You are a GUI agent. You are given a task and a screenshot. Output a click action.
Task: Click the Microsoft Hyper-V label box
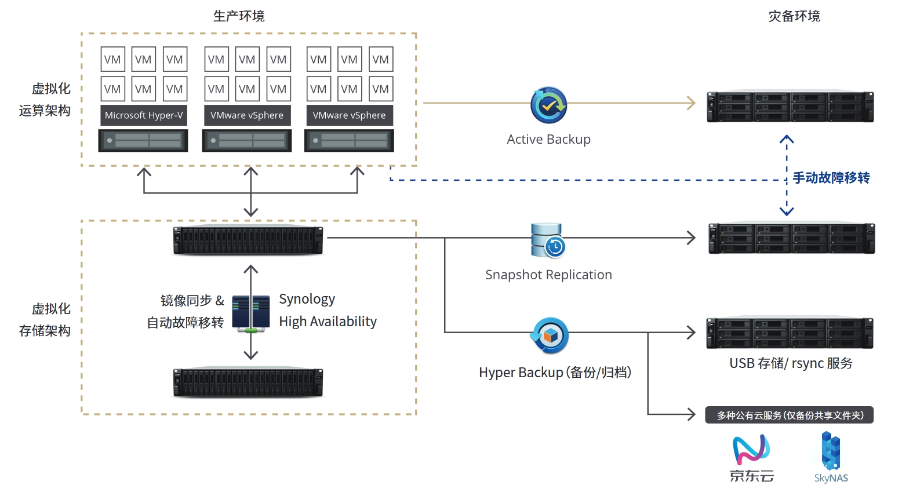[143, 115]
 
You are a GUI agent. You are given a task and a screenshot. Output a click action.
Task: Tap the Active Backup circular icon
[548, 105]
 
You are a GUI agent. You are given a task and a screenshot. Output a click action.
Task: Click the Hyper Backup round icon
[550, 335]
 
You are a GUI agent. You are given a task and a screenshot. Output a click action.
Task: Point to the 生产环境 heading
[239, 16]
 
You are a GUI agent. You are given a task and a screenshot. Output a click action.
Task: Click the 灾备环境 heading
[794, 16]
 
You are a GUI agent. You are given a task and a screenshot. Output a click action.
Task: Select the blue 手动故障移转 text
[831, 178]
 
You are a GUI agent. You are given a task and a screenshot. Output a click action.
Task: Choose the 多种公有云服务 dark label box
[789, 415]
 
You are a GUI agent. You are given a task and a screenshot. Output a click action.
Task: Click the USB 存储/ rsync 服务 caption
[791, 363]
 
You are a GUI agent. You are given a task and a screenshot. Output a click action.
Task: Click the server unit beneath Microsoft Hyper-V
[143, 141]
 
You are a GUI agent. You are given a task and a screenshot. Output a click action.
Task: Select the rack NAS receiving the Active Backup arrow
[790, 107]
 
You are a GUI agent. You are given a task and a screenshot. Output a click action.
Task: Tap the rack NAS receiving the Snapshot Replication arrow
[791, 238]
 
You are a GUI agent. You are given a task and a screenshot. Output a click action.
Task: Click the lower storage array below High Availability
[248, 382]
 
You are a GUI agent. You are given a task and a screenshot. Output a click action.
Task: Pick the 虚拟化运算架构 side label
[45, 100]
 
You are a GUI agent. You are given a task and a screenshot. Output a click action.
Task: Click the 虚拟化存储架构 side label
[45, 319]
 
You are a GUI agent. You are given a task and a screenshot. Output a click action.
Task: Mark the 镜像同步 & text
[192, 300]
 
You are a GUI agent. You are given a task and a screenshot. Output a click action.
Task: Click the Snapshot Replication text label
[548, 275]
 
